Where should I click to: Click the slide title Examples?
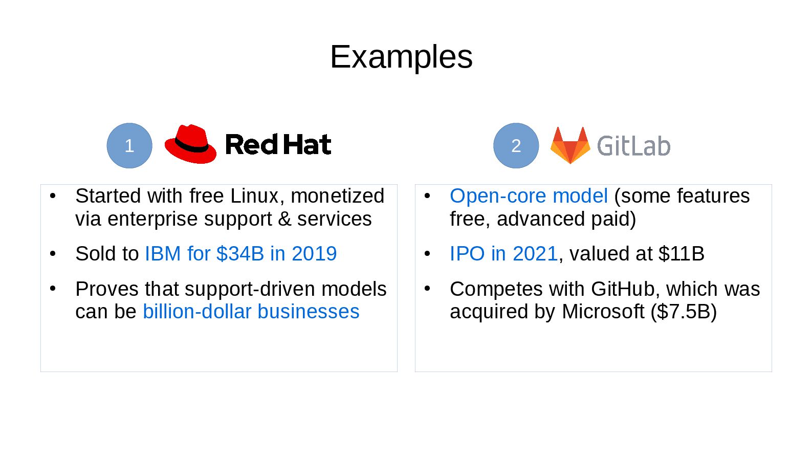401,57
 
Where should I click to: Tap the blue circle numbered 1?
129,146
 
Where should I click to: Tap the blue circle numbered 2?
516,146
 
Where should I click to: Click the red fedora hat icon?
190,144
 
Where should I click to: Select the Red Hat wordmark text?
278,145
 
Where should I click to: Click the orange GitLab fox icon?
570,145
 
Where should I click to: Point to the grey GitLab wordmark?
633,146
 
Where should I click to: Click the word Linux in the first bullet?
254,196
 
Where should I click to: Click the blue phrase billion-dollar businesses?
251,312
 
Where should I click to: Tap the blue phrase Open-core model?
529,196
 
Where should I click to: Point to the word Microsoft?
603,312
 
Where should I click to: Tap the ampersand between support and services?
284,219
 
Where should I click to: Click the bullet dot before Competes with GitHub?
427,288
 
